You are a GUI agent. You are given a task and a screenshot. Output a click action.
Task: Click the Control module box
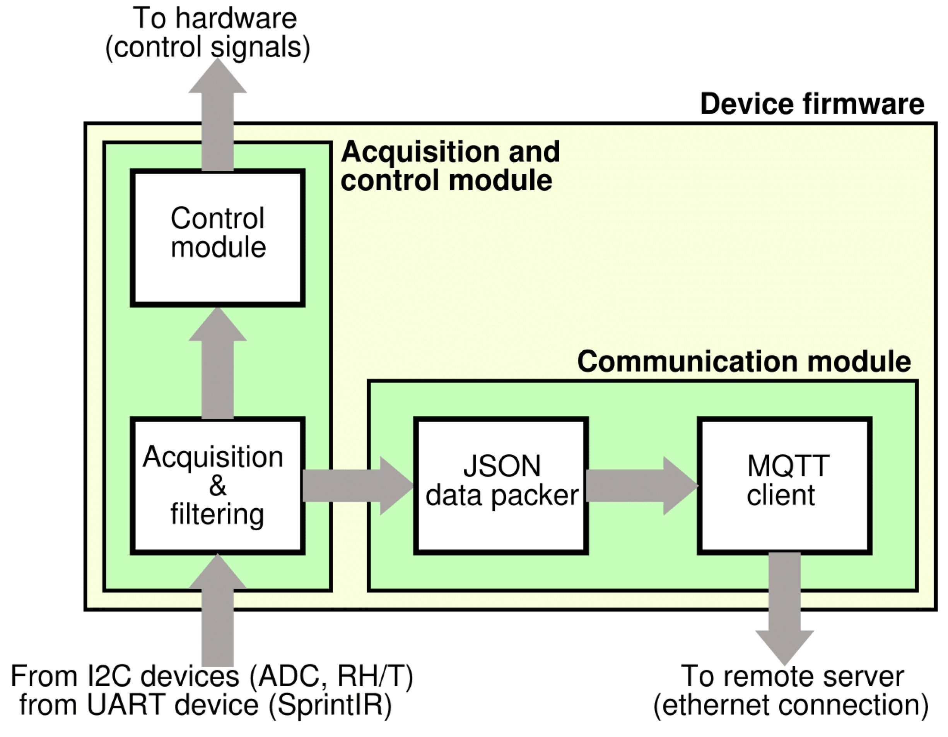click(x=217, y=238)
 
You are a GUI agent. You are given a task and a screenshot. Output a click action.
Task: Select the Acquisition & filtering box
click(x=217, y=485)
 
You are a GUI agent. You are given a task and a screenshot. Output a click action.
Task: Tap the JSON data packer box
click(x=501, y=485)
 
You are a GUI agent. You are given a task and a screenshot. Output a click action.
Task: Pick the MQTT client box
click(x=784, y=485)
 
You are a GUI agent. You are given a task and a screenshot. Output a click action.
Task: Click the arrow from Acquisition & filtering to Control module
click(x=217, y=365)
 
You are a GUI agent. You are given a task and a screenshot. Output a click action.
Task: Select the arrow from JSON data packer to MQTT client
click(x=640, y=486)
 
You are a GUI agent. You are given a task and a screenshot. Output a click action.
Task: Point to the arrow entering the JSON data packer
click(x=356, y=486)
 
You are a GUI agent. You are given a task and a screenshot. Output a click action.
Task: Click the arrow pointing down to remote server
click(x=784, y=608)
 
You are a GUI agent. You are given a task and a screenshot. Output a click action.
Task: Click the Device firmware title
click(x=812, y=104)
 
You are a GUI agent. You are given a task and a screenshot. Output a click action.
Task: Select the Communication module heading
click(x=743, y=361)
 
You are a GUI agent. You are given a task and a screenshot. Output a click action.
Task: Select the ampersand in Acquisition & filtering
click(x=217, y=485)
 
